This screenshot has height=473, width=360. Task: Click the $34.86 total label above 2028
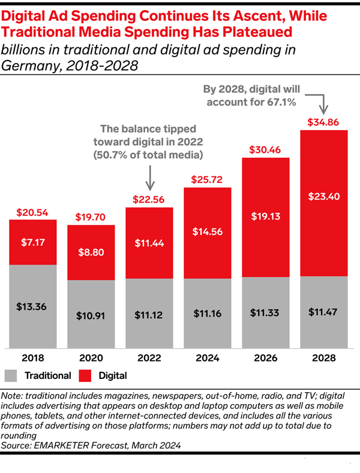pos(324,121)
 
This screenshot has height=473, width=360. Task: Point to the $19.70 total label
pos(91,216)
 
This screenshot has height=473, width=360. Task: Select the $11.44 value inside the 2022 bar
pos(149,243)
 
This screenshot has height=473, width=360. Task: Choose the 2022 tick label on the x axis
pos(149,359)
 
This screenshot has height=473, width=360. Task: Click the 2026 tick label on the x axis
pos(266,359)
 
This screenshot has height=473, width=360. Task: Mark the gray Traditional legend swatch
pos(11,376)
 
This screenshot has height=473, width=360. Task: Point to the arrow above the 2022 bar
pos(149,177)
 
